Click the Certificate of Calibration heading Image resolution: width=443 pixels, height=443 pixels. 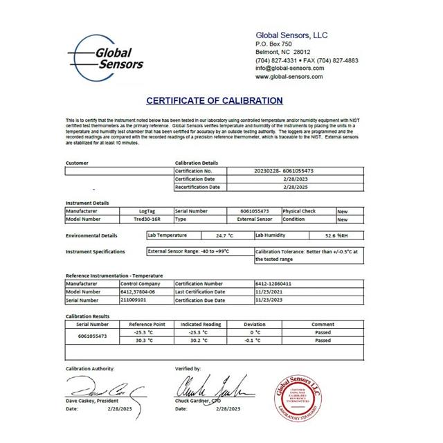pos(215,100)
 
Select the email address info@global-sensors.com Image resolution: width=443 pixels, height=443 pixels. pos(289,69)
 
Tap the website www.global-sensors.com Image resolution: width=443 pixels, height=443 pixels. pos(289,77)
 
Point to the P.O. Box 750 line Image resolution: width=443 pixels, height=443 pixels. pos(274,44)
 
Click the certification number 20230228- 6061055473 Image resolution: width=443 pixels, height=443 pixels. pos(284,170)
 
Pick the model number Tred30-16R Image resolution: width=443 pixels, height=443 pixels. pos(144,219)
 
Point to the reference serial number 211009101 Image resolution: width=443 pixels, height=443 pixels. pos(134,300)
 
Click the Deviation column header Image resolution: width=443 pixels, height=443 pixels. pos(254,324)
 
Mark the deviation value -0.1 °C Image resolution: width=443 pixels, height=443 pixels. pos(254,340)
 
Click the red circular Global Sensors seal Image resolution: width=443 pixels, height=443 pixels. pos(299,392)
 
